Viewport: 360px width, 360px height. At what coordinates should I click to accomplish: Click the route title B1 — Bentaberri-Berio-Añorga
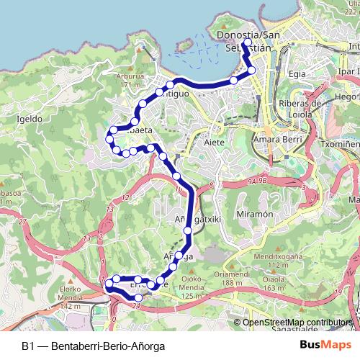pos(93,346)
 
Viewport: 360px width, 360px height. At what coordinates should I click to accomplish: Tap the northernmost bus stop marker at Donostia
pos(246,43)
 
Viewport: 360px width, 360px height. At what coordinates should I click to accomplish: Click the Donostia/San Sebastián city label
pos(248,42)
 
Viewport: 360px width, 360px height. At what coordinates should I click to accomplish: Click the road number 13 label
pos(109,209)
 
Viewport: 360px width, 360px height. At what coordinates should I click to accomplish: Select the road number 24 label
pos(135,305)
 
